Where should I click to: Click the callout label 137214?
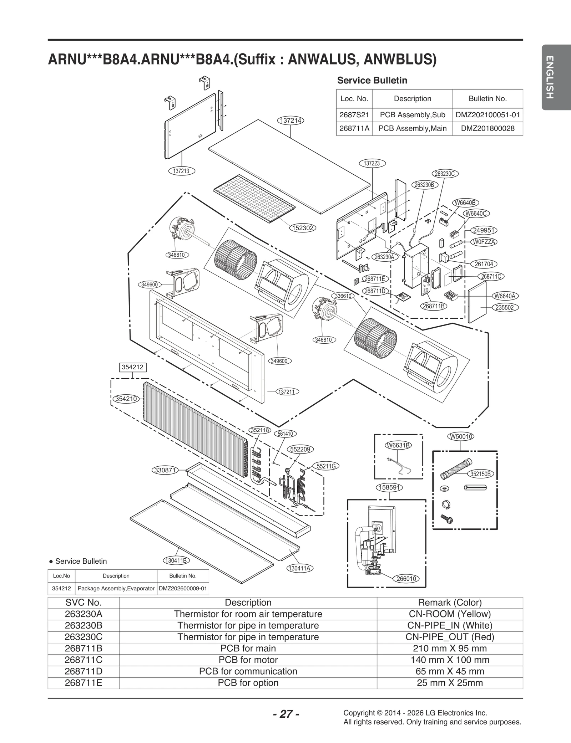point(290,121)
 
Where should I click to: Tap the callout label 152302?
point(303,228)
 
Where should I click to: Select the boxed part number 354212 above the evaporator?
point(133,367)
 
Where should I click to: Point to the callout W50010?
point(460,436)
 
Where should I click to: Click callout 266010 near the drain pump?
point(406,579)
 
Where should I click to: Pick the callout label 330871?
point(165,470)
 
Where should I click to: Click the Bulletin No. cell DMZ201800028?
point(487,128)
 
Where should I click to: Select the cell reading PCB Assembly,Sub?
point(412,115)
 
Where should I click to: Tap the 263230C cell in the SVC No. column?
point(84,637)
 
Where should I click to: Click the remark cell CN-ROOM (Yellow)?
point(450,614)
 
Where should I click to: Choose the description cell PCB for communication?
point(248,671)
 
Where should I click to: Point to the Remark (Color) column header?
point(450,603)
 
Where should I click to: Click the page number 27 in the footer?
point(286,714)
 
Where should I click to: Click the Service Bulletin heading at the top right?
point(372,80)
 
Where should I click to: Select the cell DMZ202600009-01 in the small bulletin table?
point(183,588)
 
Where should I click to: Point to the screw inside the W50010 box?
point(447,519)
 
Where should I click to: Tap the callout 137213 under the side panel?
point(181,171)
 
